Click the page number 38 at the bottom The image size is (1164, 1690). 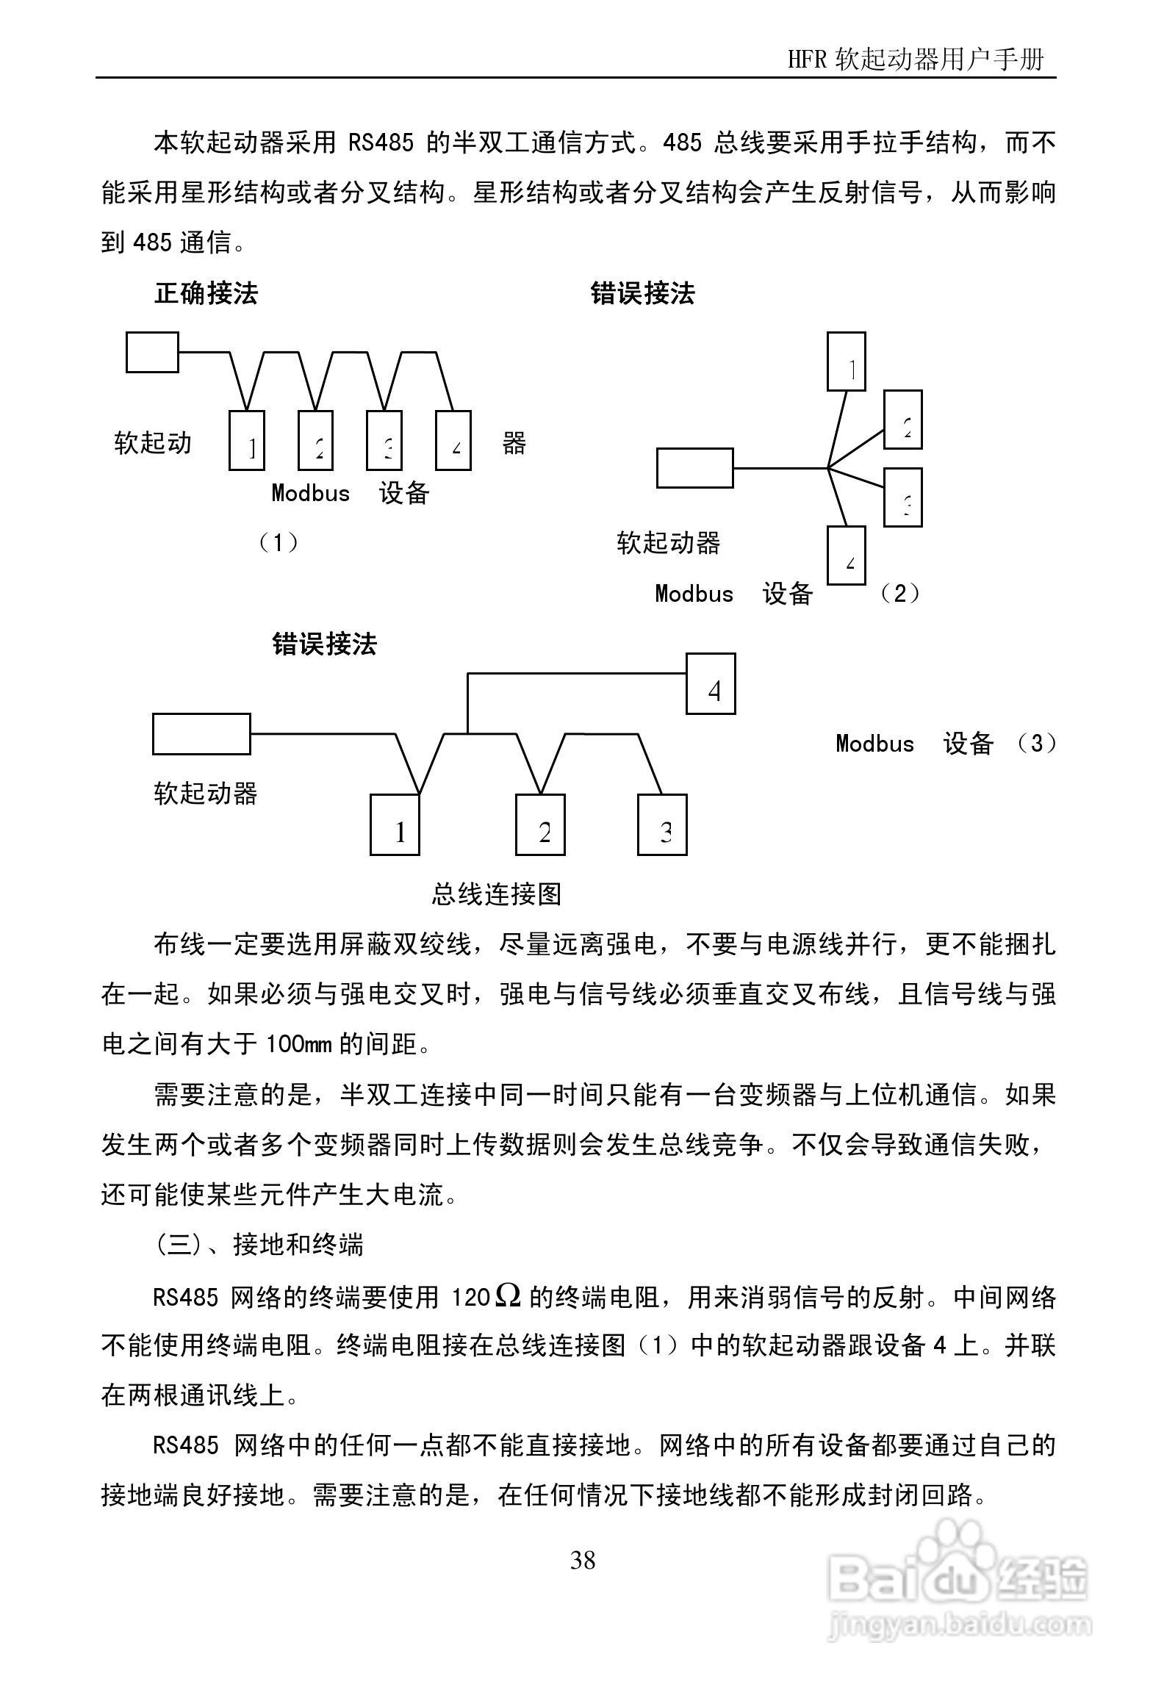point(582,1559)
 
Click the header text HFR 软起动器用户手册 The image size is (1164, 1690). point(915,59)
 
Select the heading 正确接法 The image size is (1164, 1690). point(206,294)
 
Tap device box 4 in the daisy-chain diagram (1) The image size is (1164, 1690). point(453,440)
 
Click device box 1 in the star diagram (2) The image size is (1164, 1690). point(846,361)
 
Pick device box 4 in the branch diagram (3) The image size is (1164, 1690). point(711,683)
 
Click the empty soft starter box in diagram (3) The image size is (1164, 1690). point(201,733)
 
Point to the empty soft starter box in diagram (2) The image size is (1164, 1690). point(694,468)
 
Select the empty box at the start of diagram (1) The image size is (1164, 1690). point(152,352)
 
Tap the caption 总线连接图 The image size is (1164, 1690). point(497,893)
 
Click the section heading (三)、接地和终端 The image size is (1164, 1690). point(259,1245)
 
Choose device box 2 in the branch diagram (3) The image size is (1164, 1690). point(540,824)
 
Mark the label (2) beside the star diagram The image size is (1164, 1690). point(899,593)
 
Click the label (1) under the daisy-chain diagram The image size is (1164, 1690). point(279,543)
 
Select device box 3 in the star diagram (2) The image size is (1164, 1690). point(902,497)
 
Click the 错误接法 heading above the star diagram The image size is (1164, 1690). point(642,294)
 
